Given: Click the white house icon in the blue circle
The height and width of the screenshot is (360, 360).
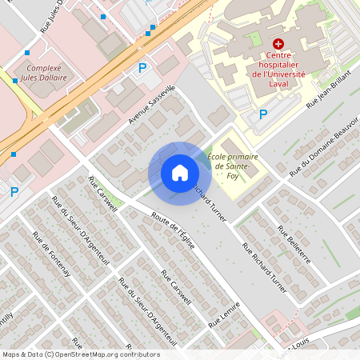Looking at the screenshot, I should pos(180,173).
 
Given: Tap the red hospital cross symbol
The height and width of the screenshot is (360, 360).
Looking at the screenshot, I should pos(278,43).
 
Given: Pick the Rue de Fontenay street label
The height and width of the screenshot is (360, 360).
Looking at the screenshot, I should pos(51,254).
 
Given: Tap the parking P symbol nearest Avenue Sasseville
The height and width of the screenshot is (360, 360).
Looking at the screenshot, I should pos(143,68).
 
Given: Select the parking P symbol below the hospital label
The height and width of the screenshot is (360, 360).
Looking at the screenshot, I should pos(263,115).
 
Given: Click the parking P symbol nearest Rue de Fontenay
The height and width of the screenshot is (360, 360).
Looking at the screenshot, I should pos(14,192).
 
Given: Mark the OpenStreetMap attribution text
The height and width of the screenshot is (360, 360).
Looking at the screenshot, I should pos(70,354).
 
